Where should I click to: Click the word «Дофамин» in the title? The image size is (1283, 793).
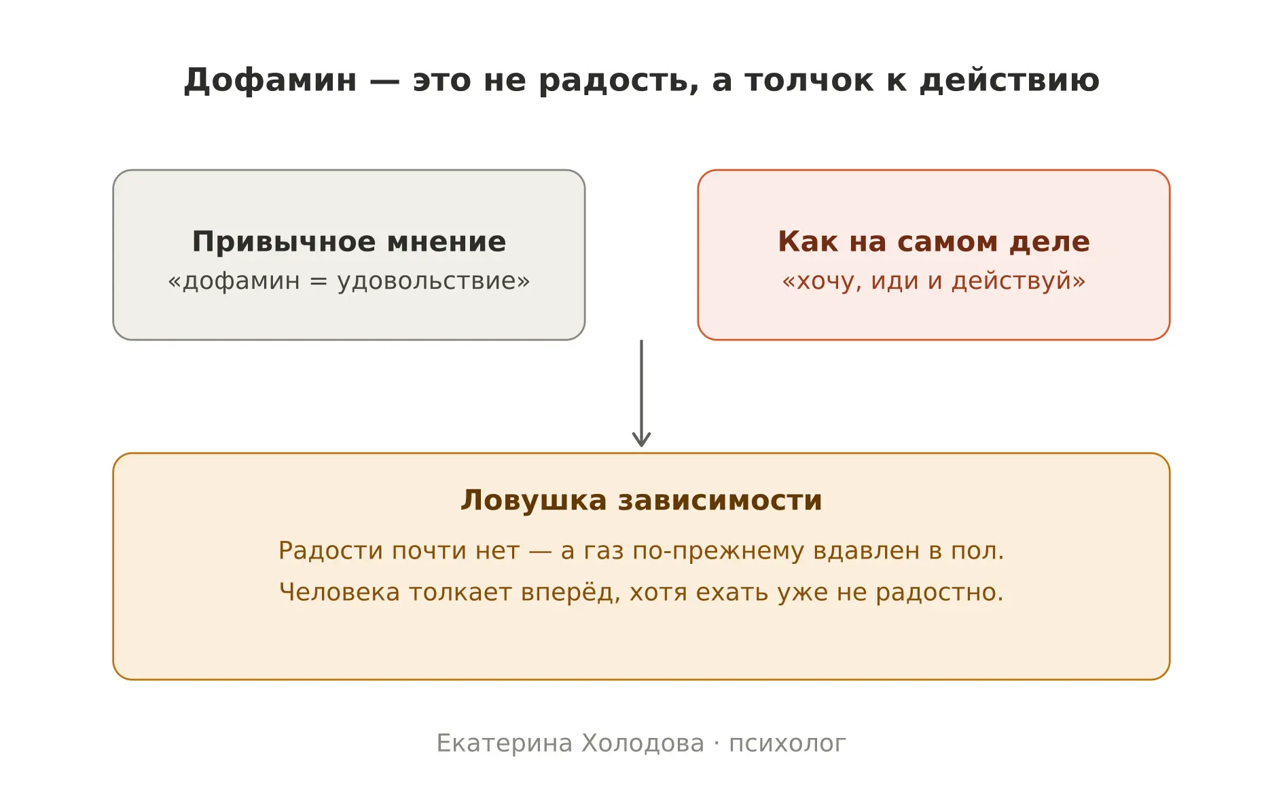coord(270,81)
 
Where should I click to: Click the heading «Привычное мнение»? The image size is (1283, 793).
coord(349,242)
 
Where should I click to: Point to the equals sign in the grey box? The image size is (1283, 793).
coord(318,281)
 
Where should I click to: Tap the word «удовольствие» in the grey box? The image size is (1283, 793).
coord(429,281)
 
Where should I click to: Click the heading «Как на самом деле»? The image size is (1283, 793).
coord(934,242)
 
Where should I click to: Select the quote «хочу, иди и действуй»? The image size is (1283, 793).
coord(934,281)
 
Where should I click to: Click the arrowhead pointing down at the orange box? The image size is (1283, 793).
coord(641,440)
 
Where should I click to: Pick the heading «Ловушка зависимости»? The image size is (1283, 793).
coord(641,501)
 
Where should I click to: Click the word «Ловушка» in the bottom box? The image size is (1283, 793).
coord(533,501)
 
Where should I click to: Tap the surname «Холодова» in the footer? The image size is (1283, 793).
coord(643,744)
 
